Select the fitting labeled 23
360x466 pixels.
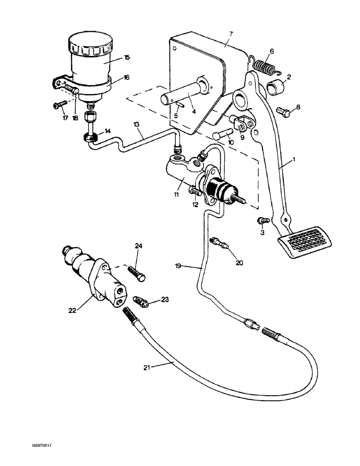pyautogui.click(x=141, y=302)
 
